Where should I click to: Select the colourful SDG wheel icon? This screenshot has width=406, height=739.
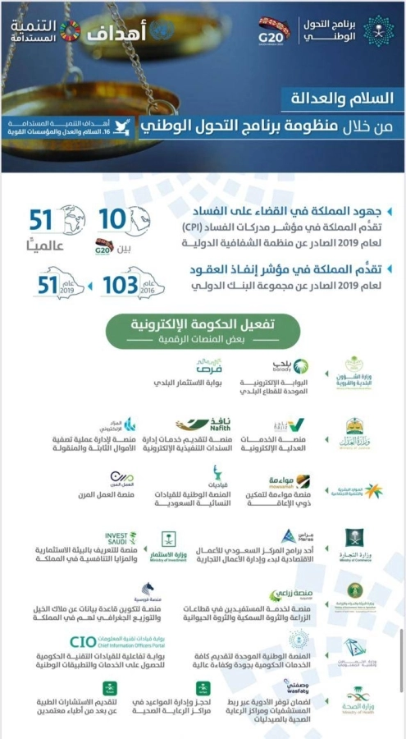coord(71,30)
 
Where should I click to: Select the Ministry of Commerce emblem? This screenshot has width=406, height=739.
coord(354,544)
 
